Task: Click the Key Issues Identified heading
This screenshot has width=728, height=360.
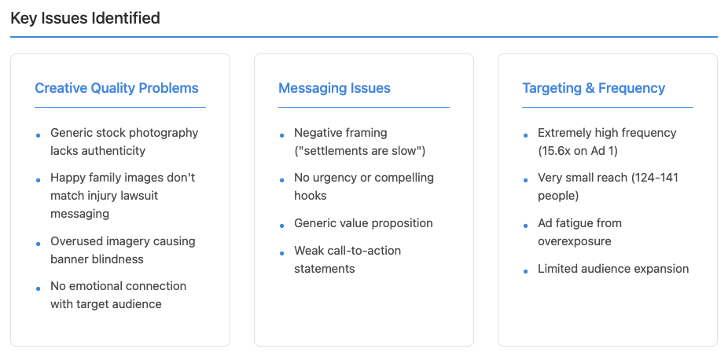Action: coord(85,17)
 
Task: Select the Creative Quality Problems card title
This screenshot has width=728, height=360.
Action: coord(116,88)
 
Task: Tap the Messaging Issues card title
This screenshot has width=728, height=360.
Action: coord(334,88)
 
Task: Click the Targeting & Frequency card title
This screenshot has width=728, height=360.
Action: coord(594,88)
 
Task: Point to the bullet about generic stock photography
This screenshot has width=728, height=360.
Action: coord(124,141)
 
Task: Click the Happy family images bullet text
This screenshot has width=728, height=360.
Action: coord(123,196)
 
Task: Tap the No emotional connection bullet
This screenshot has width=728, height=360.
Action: coord(118,295)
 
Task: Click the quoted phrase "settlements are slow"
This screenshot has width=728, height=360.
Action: coord(362,150)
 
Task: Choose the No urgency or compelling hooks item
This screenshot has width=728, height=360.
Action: coord(363,186)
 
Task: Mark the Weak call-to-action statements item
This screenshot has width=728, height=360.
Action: coord(347,259)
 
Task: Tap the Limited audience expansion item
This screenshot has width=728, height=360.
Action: coord(613,269)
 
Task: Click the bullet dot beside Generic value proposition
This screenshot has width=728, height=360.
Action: coord(282,226)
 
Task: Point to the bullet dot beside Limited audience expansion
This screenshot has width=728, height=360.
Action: coord(526,271)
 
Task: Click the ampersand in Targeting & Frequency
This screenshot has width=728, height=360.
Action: coord(590,88)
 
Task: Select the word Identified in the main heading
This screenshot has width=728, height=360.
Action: coord(125,17)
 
